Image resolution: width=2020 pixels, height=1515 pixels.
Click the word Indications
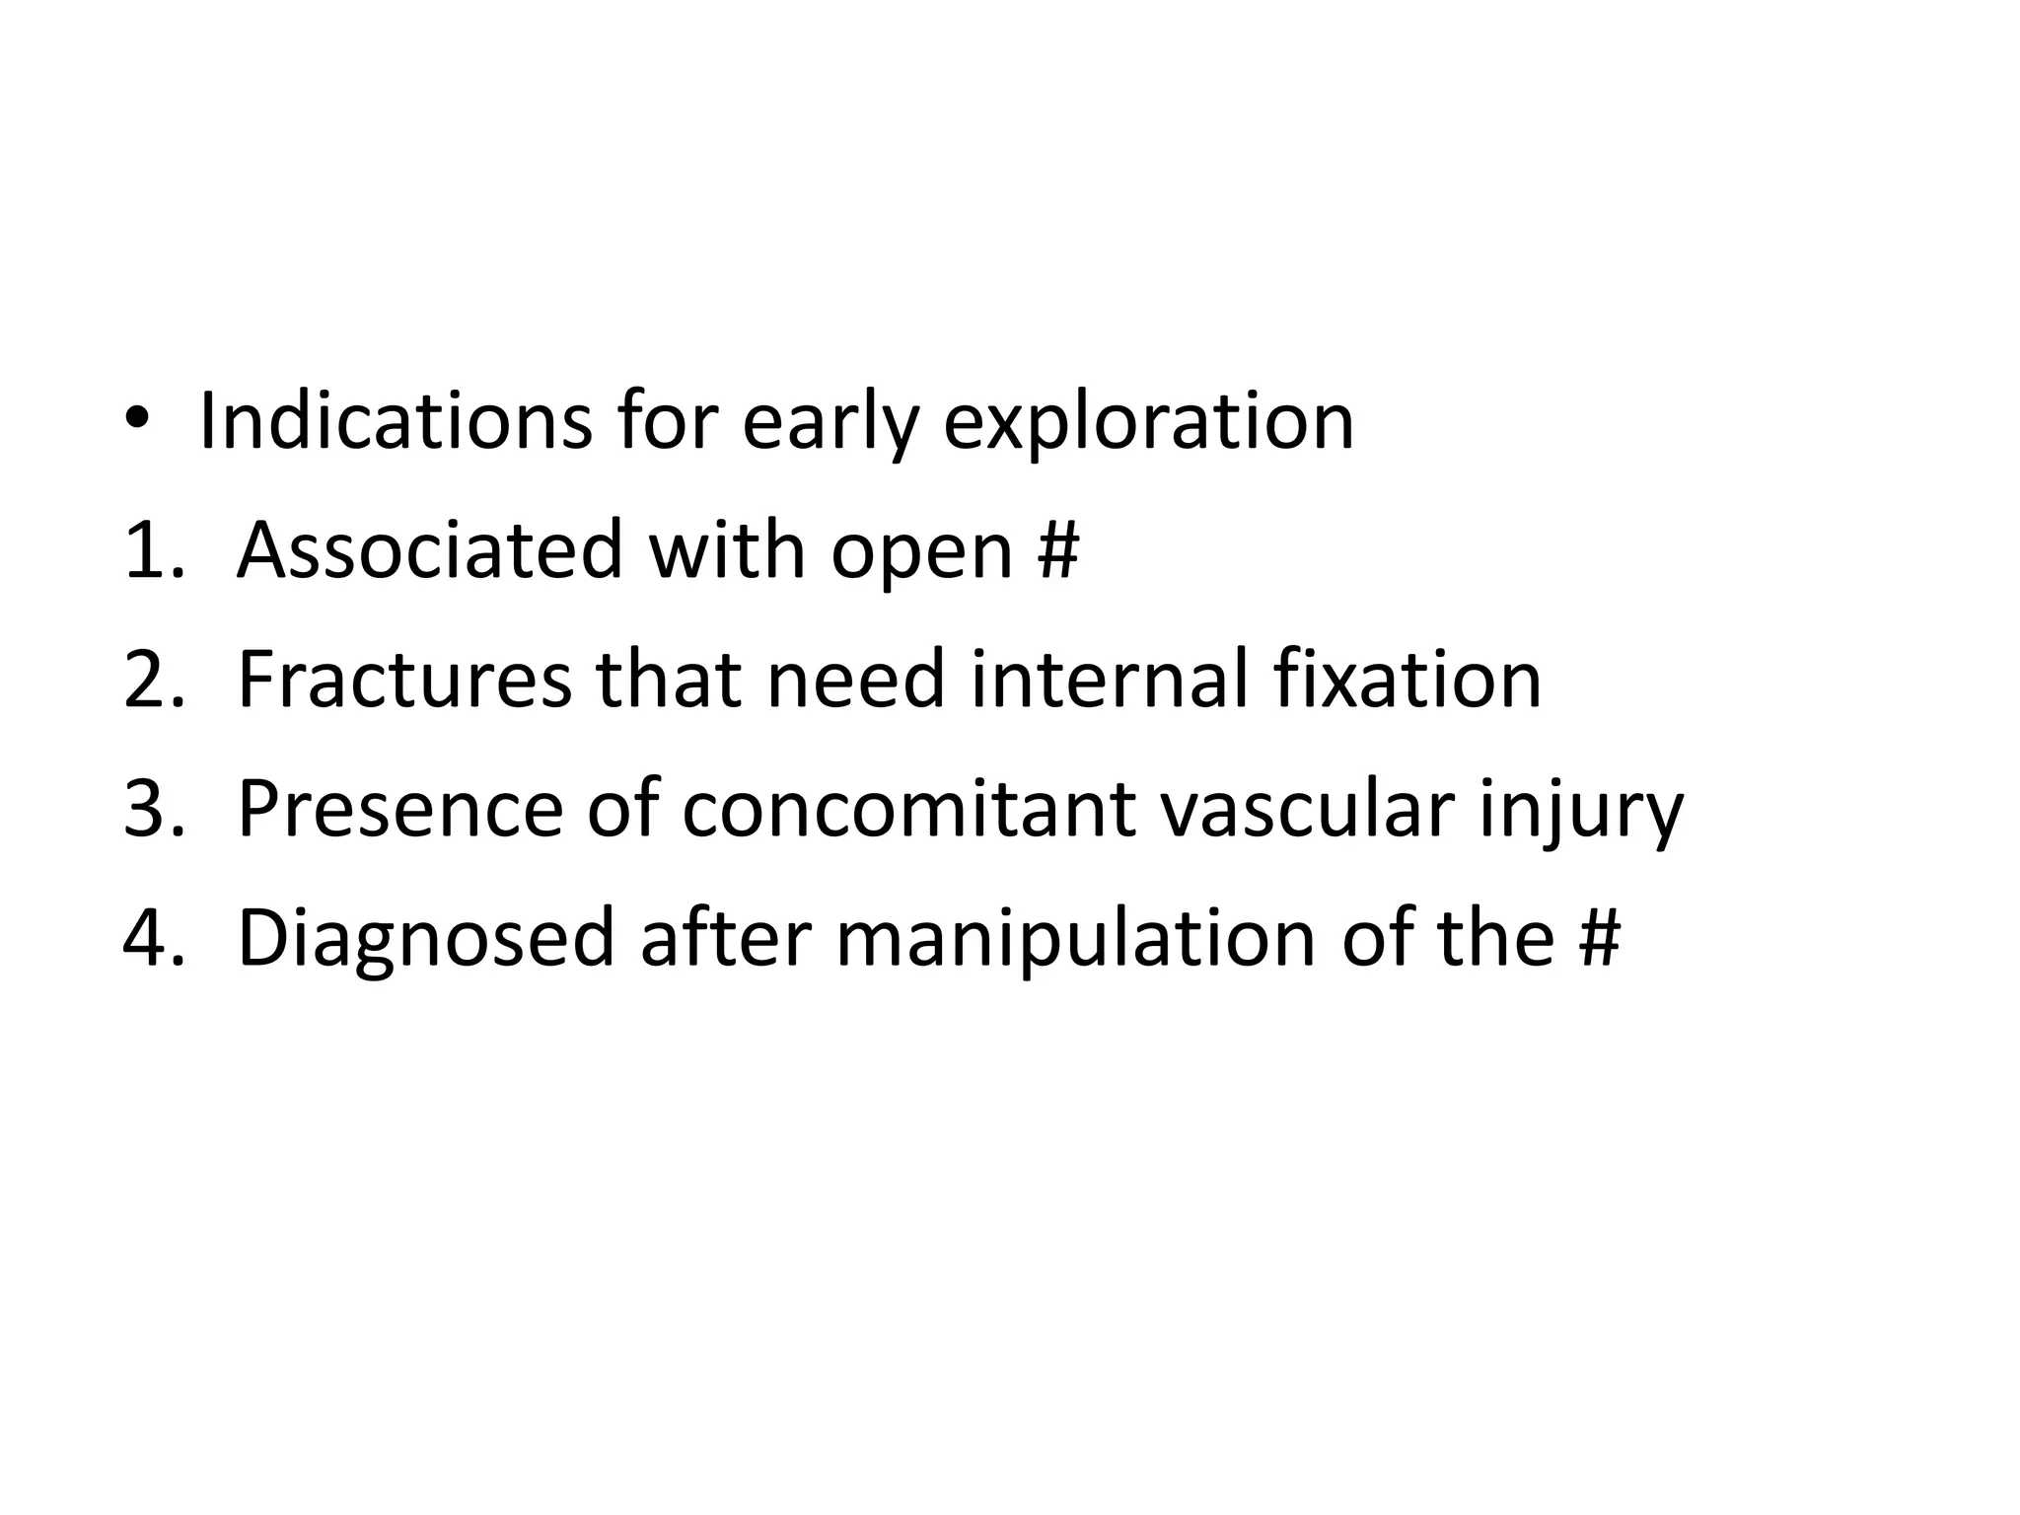[x=396, y=421]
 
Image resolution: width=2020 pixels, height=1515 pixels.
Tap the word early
[x=830, y=424]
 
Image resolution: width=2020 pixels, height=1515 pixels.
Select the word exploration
[x=1148, y=424]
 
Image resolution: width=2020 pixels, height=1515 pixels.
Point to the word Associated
[x=430, y=550]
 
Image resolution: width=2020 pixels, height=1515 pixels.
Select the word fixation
[x=1407, y=680]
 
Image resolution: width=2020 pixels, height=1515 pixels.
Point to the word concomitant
[x=907, y=810]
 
